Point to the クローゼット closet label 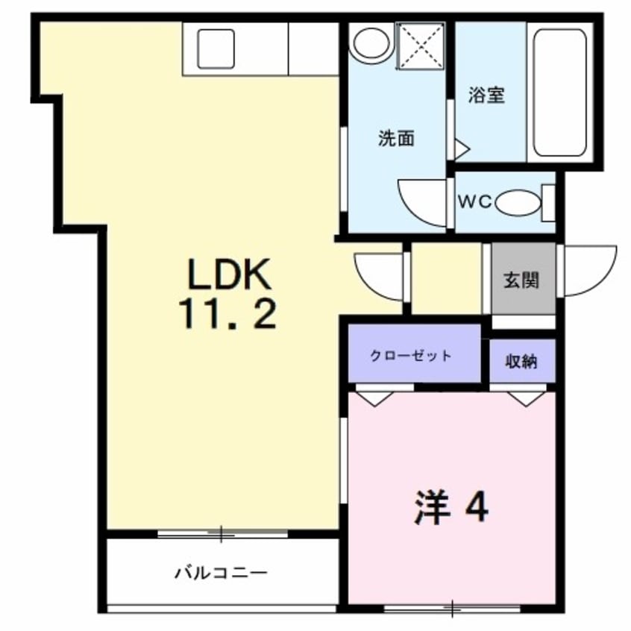411,355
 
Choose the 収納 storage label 522,362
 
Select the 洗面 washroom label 396,139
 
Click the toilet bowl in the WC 519,203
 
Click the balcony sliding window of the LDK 222,534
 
